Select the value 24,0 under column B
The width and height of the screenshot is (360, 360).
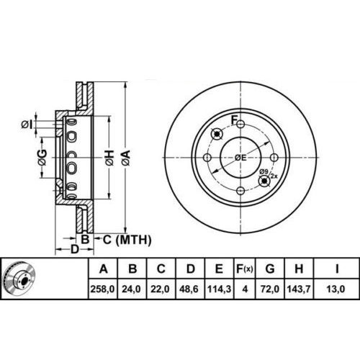point(132,289)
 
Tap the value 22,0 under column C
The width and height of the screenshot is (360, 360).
point(161,289)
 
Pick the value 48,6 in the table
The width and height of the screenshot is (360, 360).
point(191,289)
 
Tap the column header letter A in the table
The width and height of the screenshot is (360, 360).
point(104,270)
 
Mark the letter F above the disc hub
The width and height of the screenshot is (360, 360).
point(233,119)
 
